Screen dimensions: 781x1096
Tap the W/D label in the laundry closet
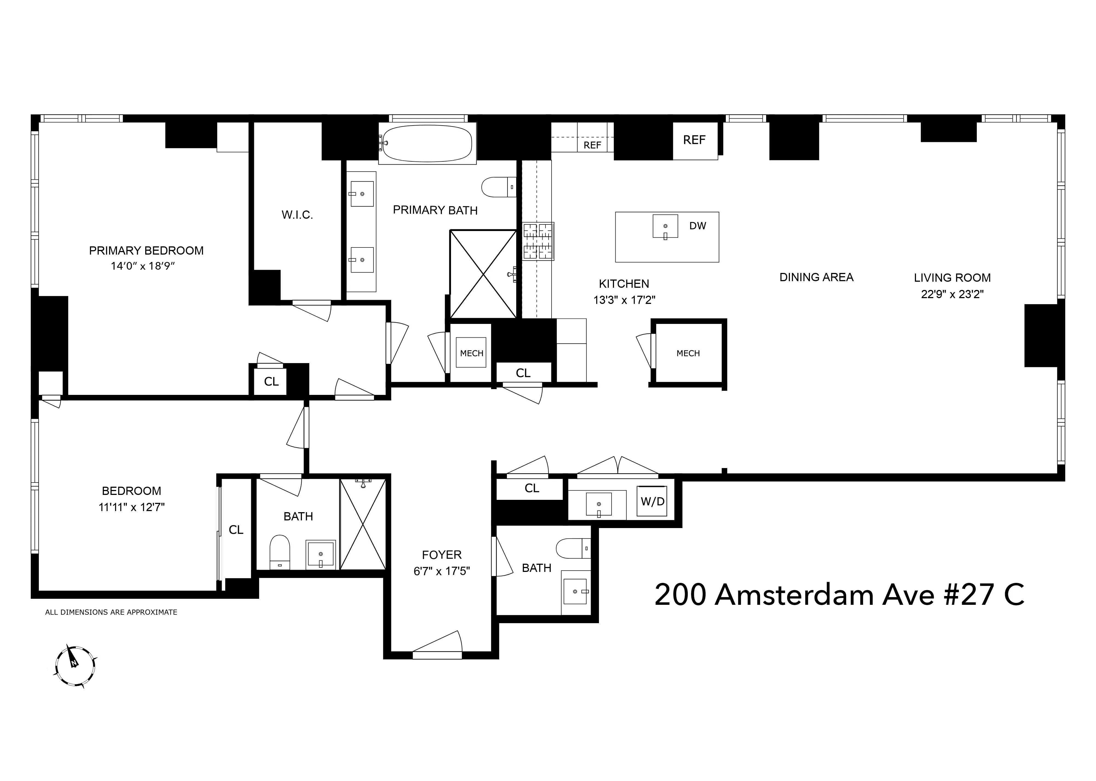coord(652,501)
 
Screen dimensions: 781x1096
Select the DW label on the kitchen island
coord(698,226)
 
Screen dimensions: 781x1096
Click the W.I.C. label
coord(297,215)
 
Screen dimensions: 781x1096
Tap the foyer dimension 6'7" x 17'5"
coord(441,571)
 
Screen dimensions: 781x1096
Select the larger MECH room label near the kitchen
coord(688,354)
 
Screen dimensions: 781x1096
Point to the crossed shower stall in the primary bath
coord(483,274)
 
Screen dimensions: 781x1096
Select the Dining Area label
coord(816,278)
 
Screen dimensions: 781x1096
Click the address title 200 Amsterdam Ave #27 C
coord(839,595)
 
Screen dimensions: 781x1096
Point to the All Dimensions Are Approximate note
coord(111,612)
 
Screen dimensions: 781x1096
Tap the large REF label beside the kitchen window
coord(694,140)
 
